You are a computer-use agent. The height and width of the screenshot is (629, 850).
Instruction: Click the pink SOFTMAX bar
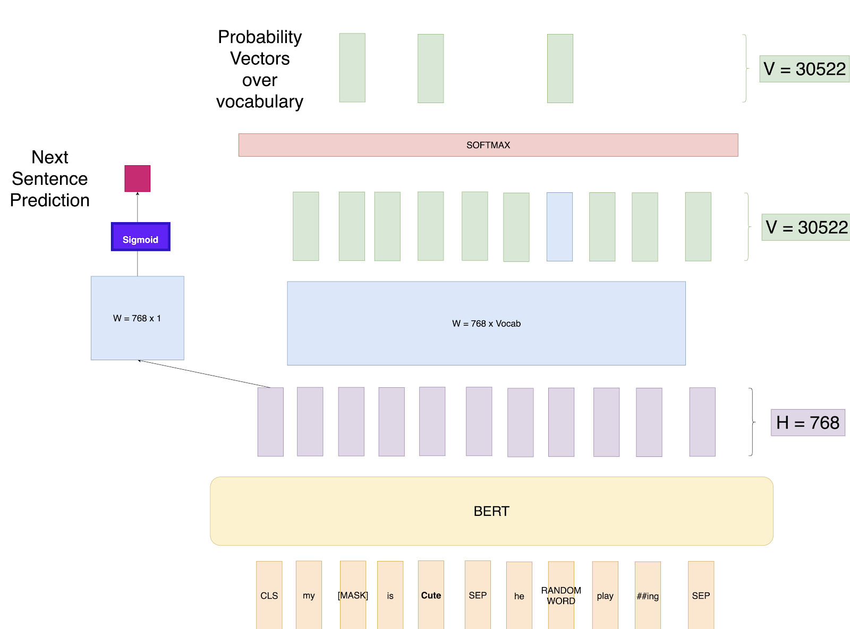pyautogui.click(x=488, y=145)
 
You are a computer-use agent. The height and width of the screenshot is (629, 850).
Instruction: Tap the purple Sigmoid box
pyautogui.click(x=140, y=237)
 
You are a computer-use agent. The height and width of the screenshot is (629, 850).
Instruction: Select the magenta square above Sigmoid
pyautogui.click(x=138, y=178)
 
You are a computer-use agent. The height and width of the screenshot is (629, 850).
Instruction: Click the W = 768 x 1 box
pyautogui.click(x=138, y=318)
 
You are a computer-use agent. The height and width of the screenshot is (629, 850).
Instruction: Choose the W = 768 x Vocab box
pyautogui.click(x=486, y=324)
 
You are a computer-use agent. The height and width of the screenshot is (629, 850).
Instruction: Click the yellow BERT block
pyautogui.click(x=491, y=511)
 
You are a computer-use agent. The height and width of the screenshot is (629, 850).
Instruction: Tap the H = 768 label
pyautogui.click(x=807, y=423)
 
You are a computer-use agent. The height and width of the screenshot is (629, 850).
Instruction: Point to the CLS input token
pyautogui.click(x=269, y=595)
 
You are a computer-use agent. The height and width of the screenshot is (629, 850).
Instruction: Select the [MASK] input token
pyautogui.click(x=353, y=595)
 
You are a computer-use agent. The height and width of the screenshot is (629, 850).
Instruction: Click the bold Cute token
pyautogui.click(x=431, y=595)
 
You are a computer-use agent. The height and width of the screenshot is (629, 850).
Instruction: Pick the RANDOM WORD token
pyautogui.click(x=561, y=595)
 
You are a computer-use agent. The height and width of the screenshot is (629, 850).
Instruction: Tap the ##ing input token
pyautogui.click(x=648, y=595)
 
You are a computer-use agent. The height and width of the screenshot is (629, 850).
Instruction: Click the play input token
pyautogui.click(x=605, y=595)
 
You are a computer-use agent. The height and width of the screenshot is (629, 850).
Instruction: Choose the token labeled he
pyautogui.click(x=519, y=595)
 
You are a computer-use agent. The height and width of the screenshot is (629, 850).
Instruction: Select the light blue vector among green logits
pyautogui.click(x=559, y=227)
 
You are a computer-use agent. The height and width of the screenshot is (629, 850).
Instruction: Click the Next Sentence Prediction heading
pyautogui.click(x=50, y=178)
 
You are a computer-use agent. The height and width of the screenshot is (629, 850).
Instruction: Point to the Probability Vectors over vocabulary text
pyautogui.click(x=260, y=69)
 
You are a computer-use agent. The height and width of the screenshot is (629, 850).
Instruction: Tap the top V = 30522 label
pyautogui.click(x=804, y=69)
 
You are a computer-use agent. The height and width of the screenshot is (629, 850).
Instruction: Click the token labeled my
pyautogui.click(x=309, y=595)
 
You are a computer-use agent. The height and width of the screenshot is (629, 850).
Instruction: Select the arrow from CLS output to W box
pyautogui.click(x=205, y=374)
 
